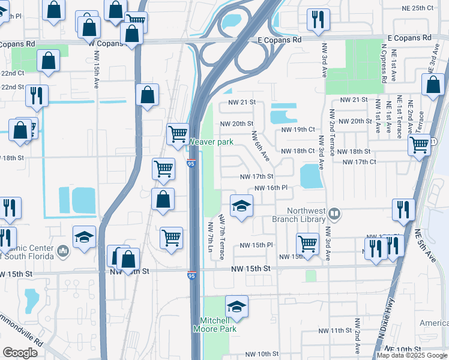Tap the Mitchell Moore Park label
pyautogui.click(x=214, y=325)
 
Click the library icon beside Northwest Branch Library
pyautogui.click(x=336, y=212)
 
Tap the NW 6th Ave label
pyautogui.click(x=261, y=146)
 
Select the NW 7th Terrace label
pyautogui.click(x=221, y=236)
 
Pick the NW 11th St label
pyautogui.click(x=334, y=331)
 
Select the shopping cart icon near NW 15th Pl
pyautogui.click(x=307, y=244)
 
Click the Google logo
pyautogui.click(x=20, y=352)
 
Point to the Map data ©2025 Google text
pyautogui.click(x=412, y=355)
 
